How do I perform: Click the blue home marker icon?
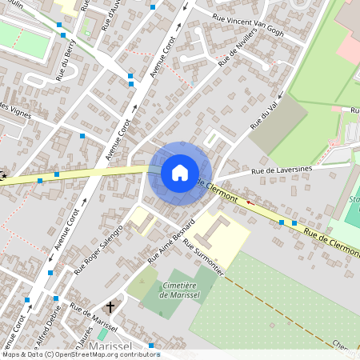pos(180,172)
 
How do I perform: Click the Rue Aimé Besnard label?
pos(171,240)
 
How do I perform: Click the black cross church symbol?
pos(110,306)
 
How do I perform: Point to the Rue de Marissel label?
pos(94,318)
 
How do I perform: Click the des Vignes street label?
pos(16,111)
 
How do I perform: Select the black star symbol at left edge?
pos(4,175)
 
